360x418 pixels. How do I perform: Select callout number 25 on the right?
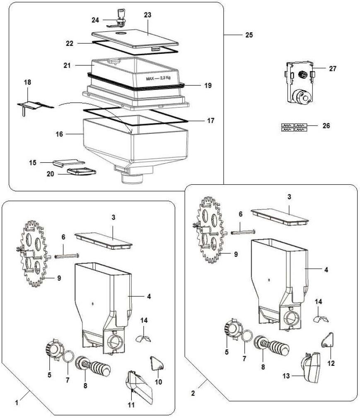(x=249, y=35)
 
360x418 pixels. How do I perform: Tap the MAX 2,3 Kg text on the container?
(x=158, y=78)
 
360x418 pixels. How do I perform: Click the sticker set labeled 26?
(x=295, y=127)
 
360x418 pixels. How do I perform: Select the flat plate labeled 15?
(x=68, y=163)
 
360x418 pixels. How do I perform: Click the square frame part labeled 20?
(x=81, y=171)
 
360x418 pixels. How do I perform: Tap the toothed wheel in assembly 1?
(x=33, y=254)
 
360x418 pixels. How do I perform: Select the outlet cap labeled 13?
(x=311, y=367)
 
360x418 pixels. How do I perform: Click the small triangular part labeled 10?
(x=157, y=364)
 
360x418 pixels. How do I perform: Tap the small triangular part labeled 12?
(x=327, y=341)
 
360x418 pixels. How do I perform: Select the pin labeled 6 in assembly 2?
(x=243, y=232)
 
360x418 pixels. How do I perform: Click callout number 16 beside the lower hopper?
(x=59, y=134)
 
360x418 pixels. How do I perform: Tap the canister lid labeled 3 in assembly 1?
(x=104, y=241)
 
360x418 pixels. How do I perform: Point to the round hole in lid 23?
(x=121, y=33)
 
